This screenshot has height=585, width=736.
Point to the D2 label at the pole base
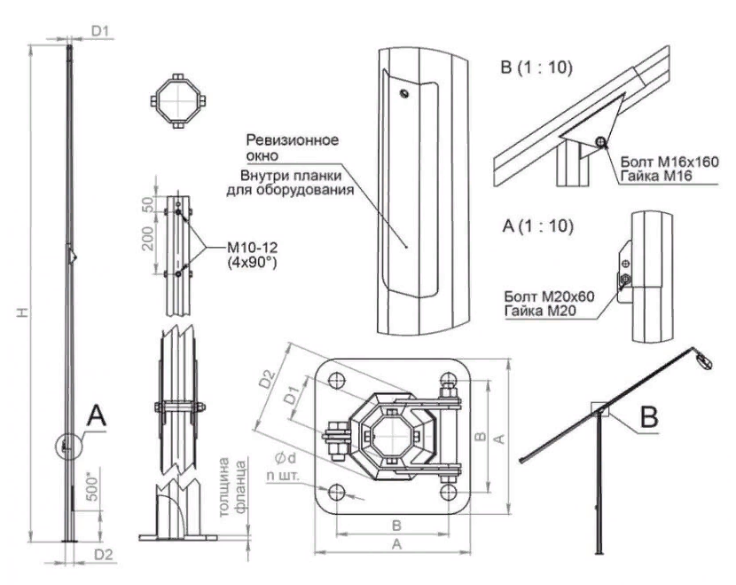click(x=105, y=556)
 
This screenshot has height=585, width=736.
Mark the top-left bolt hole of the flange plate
click(x=336, y=381)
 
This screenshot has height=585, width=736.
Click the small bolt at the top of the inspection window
click(x=403, y=93)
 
